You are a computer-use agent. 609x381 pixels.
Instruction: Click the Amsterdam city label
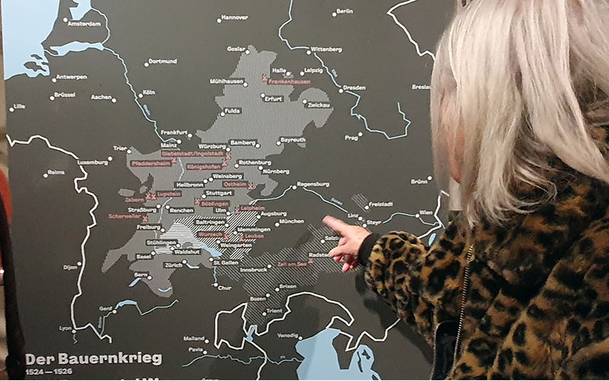[84, 24]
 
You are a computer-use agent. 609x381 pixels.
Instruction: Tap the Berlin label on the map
[344, 11]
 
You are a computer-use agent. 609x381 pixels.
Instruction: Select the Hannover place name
[234, 17]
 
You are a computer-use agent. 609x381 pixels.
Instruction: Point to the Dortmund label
[162, 61]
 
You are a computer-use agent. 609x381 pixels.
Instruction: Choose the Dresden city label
[354, 88]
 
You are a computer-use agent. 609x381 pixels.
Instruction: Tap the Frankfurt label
[174, 132]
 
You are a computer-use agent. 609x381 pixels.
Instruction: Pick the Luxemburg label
[93, 162]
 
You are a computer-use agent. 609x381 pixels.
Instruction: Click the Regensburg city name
[312, 184]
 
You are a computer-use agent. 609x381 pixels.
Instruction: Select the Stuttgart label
[219, 194]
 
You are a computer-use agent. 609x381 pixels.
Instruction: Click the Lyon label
[65, 328]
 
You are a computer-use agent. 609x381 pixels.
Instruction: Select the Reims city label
[56, 172]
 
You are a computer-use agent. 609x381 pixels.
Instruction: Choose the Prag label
[350, 137]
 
